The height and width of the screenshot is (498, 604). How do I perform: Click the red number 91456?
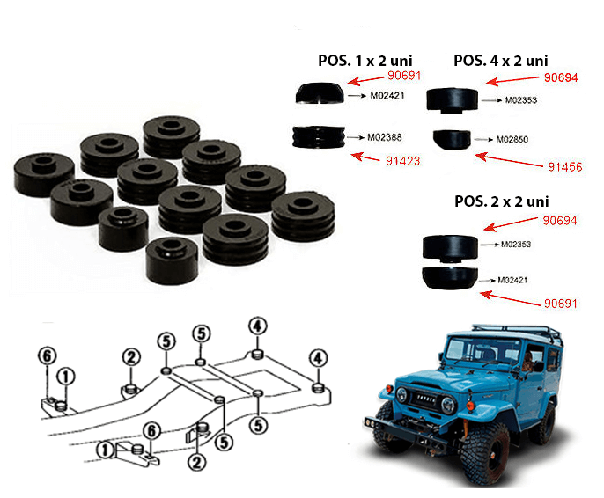click(x=564, y=165)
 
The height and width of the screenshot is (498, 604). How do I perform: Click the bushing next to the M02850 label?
click(x=452, y=140)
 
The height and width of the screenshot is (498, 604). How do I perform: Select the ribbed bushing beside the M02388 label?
click(x=319, y=138)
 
